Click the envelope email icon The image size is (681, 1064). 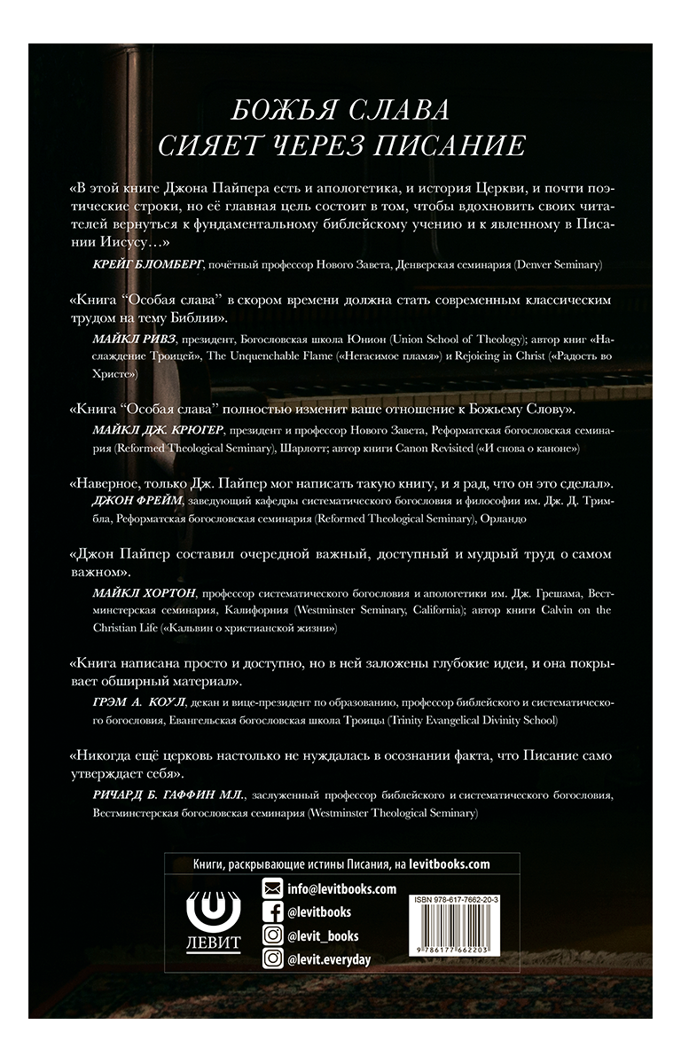pyautogui.click(x=274, y=889)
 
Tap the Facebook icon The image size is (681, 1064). pyautogui.click(x=274, y=912)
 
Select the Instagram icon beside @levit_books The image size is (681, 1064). pyautogui.click(x=274, y=935)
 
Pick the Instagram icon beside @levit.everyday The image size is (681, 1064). pyautogui.click(x=274, y=958)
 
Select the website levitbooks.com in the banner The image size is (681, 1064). pyautogui.click(x=440, y=864)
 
